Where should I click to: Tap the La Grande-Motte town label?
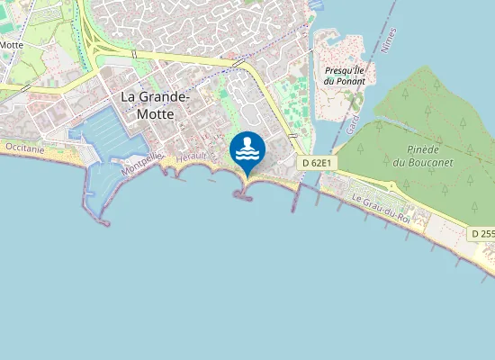click(156, 106)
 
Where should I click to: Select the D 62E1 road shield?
click(317, 163)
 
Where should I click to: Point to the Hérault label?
click(193, 157)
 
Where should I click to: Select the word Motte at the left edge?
click(12, 44)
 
